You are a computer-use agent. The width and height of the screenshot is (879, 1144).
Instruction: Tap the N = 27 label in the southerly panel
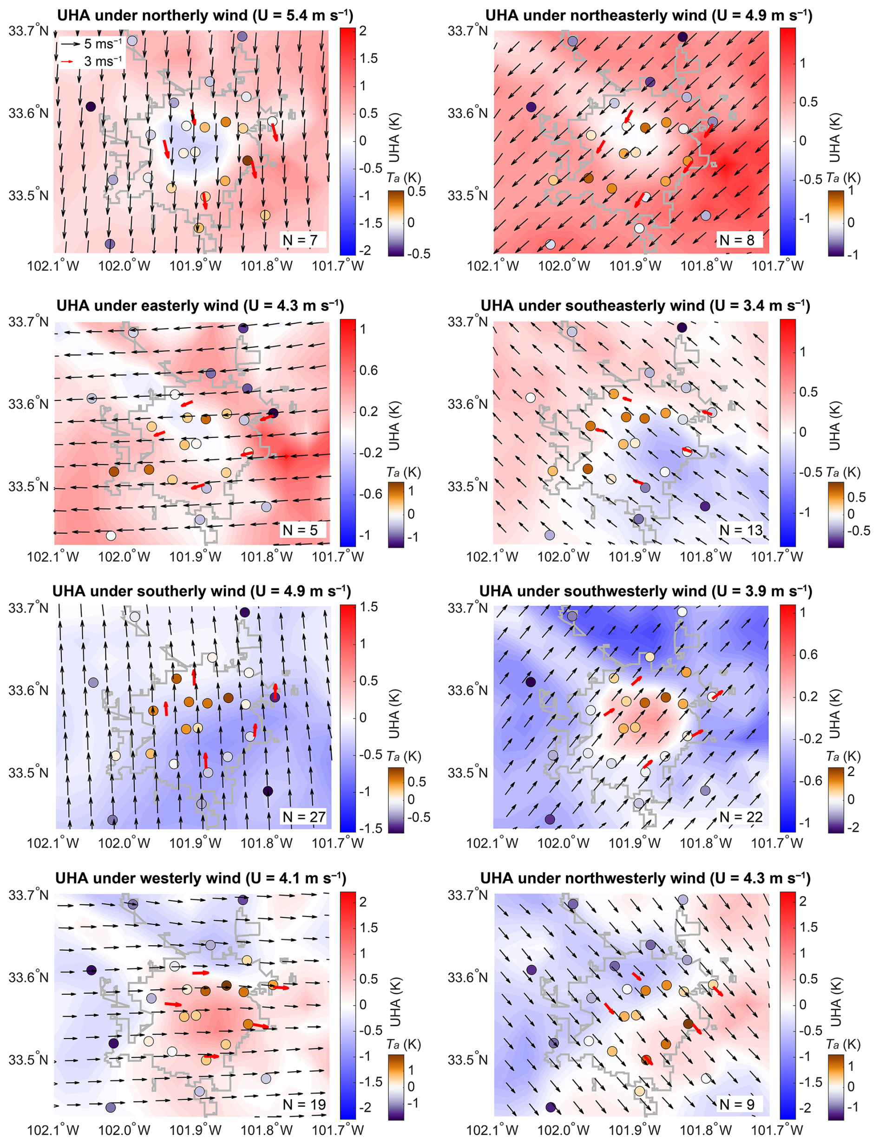[x=304, y=817]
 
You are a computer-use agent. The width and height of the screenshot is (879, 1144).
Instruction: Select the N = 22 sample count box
[x=741, y=817]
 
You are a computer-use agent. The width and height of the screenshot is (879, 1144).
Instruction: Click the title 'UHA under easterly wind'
[x=200, y=306]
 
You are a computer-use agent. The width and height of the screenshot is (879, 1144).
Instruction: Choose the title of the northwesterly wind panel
[x=645, y=878]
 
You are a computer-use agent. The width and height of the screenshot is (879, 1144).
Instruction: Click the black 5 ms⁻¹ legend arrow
[x=71, y=44]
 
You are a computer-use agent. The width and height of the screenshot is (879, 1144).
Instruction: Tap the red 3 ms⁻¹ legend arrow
[x=67, y=62]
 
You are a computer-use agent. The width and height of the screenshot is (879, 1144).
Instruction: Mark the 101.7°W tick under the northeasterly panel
[x=778, y=266]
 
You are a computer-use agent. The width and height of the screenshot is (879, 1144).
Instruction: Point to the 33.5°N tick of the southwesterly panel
[x=467, y=772]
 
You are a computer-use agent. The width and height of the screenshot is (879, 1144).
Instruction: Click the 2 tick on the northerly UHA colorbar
[x=362, y=31]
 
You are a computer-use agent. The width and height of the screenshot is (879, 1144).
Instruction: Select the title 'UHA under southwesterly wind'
[x=646, y=591]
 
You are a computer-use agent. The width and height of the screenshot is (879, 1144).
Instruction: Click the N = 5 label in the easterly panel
[x=300, y=530]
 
